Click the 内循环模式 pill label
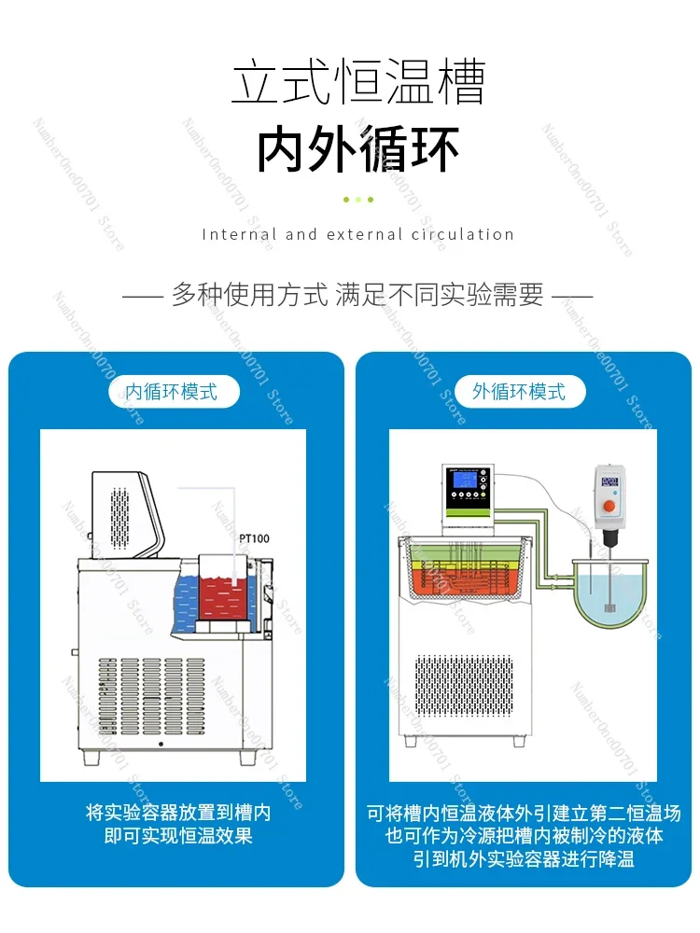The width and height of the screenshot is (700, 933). (173, 392)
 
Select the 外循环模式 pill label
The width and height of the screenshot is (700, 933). (519, 392)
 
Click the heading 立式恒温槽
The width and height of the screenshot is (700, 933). (358, 83)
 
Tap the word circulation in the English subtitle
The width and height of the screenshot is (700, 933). (463, 234)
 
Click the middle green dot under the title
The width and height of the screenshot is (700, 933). (358, 199)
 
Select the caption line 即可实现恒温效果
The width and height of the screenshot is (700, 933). (178, 836)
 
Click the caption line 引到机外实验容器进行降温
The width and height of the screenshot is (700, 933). (524, 859)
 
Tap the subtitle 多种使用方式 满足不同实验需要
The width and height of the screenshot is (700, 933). (358, 296)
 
